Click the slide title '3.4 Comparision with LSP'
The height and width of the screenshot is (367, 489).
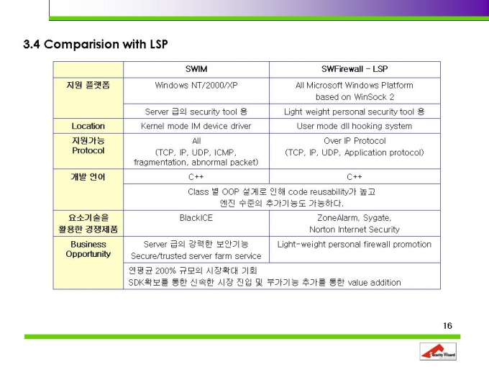[96, 44]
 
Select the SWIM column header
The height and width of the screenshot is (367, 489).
[196, 69]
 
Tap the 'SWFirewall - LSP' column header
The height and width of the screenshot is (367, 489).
[355, 69]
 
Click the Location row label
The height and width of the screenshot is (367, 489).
[88, 126]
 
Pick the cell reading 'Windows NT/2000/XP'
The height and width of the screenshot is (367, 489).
[196, 85]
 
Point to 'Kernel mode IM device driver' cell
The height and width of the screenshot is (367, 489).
[196, 126]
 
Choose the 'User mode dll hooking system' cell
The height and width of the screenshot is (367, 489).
[355, 126]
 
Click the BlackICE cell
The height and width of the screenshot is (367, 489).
[196, 218]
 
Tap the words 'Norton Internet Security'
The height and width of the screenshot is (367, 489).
[355, 230]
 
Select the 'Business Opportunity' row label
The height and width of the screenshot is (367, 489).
[88, 249]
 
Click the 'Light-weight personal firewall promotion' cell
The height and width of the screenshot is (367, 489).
[355, 245]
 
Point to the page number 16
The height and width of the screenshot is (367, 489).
[447, 326]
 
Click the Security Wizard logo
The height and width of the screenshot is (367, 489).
[438, 351]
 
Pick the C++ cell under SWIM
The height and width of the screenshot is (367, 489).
[196, 177]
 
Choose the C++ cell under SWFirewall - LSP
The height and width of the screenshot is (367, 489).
[355, 177]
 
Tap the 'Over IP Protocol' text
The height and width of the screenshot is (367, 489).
[355, 141]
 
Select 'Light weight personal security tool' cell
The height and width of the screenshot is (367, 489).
[349, 112]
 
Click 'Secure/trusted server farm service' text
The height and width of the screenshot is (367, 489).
[196, 256]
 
